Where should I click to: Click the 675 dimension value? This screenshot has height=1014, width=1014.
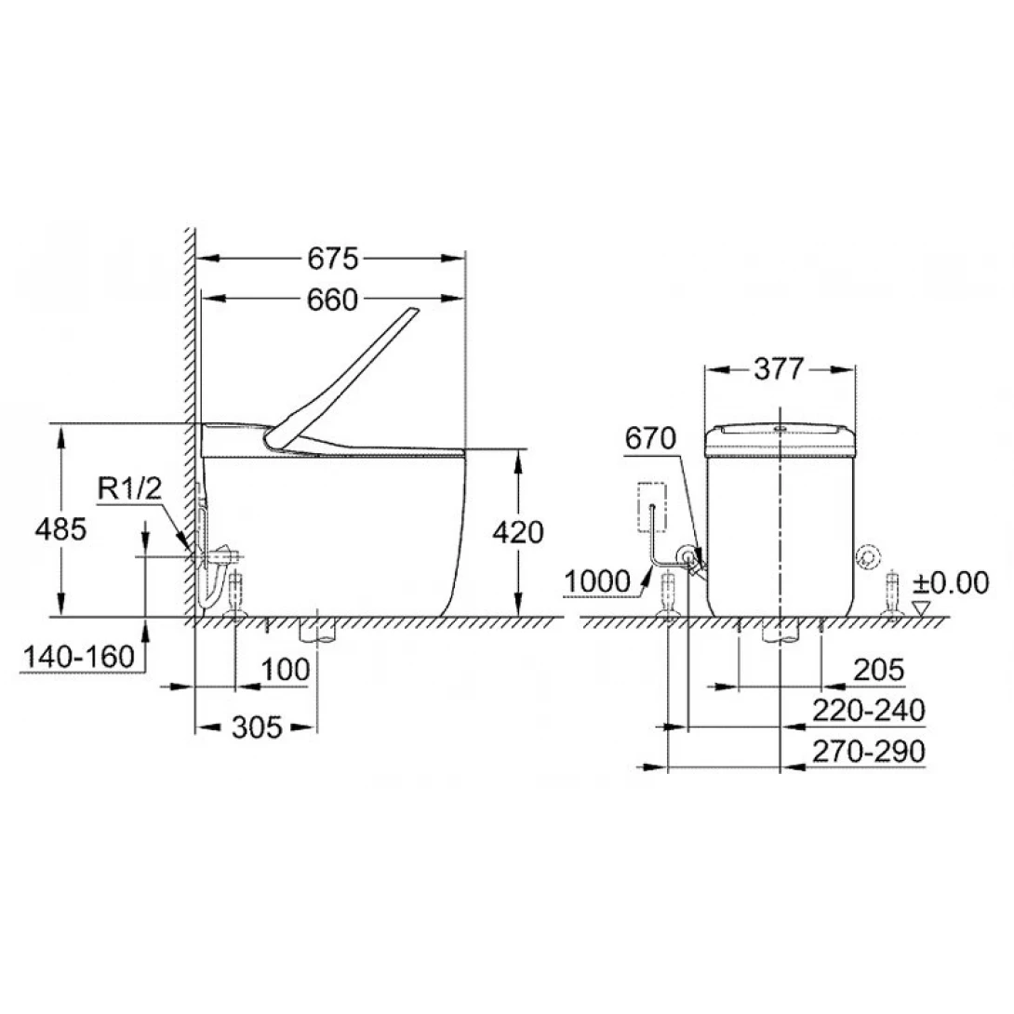point(332,259)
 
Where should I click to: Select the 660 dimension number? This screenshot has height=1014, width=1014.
point(332,300)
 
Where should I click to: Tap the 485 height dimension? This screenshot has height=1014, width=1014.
point(60,529)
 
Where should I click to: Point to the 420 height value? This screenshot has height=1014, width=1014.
point(518,532)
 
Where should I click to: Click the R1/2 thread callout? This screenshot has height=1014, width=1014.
point(129,488)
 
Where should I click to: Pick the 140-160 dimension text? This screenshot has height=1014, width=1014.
point(79,657)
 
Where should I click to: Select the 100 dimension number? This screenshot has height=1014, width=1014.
point(286,669)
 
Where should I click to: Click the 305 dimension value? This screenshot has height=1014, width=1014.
point(258,727)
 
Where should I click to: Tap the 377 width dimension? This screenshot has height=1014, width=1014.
point(780,369)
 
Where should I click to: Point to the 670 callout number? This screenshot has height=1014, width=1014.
point(650,438)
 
